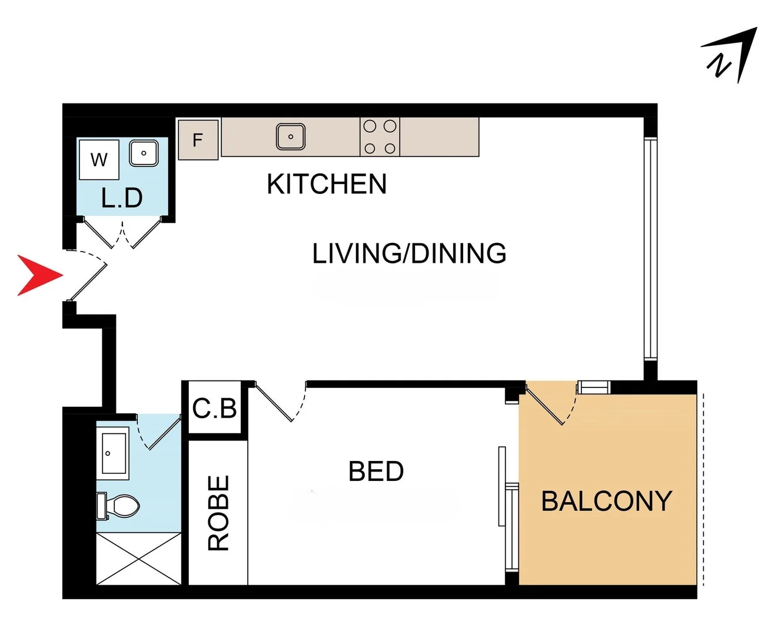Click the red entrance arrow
click(x=39, y=275)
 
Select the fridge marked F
click(x=198, y=140)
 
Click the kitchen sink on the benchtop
click(x=291, y=136)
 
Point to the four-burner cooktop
click(x=380, y=137)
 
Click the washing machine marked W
click(x=99, y=159)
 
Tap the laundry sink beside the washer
click(x=144, y=153)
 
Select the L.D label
click(x=122, y=198)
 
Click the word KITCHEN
click(x=327, y=185)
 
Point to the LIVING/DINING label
click(x=409, y=254)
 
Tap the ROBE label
click(x=218, y=513)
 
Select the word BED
click(x=376, y=472)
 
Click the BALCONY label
click(x=606, y=502)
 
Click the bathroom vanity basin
click(x=114, y=453)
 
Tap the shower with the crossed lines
click(x=139, y=559)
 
